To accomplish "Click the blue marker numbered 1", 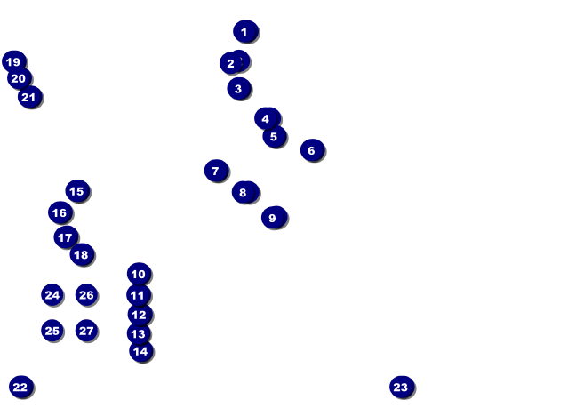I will pyautogui.click(x=245, y=31).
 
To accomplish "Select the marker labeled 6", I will pyautogui.click(x=312, y=150).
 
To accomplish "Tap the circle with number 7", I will pyautogui.click(x=216, y=171).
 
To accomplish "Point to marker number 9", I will pyautogui.click(x=274, y=218).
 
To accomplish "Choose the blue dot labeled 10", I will pyautogui.click(x=139, y=274).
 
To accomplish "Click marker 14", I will pyautogui.click(x=140, y=351).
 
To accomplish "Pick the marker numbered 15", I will pyautogui.click(x=77, y=191).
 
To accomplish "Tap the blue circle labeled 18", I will pyautogui.click(x=82, y=255).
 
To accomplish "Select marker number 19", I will pyautogui.click(x=13, y=61).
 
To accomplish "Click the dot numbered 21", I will pyautogui.click(x=29, y=97).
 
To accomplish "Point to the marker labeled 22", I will pyautogui.click(x=20, y=387).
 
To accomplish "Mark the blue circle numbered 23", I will pyautogui.click(x=402, y=387).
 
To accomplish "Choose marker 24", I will pyautogui.click(x=52, y=295).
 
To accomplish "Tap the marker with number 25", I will pyautogui.click(x=52, y=331).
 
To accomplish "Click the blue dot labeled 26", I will pyautogui.click(x=86, y=295).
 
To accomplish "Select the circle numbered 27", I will pyautogui.click(x=86, y=331).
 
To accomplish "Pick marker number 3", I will pyautogui.click(x=238, y=88).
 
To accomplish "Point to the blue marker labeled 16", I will pyautogui.click(x=60, y=212).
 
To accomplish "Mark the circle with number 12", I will pyautogui.click(x=140, y=315).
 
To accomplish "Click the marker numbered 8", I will pyautogui.click(x=244, y=192).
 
